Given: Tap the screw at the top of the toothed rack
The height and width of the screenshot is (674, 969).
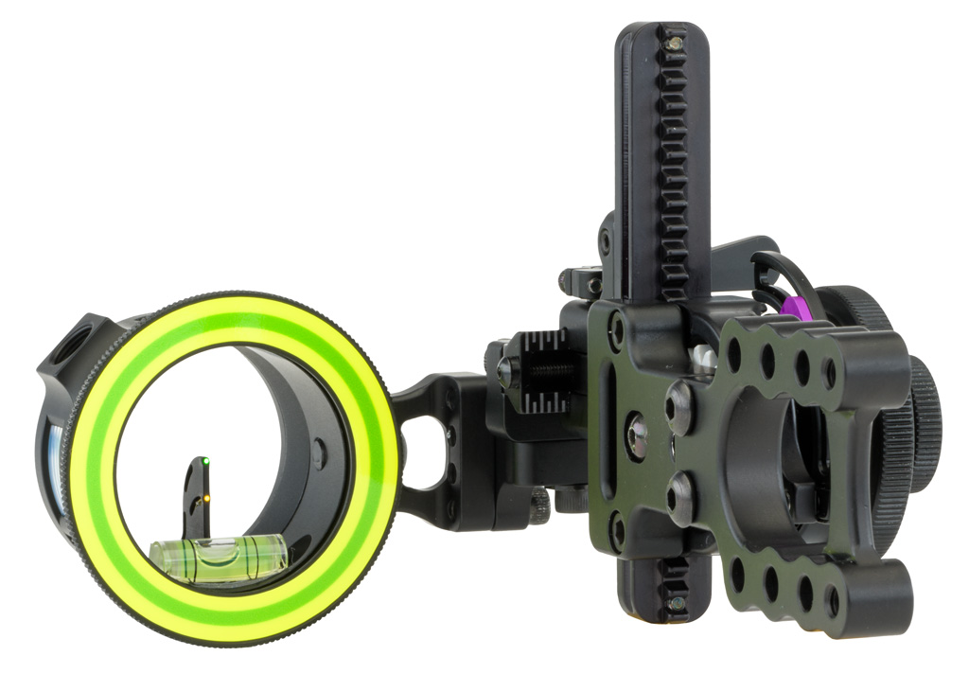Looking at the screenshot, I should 674,44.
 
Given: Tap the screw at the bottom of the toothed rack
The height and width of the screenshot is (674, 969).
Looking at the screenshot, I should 675,603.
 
